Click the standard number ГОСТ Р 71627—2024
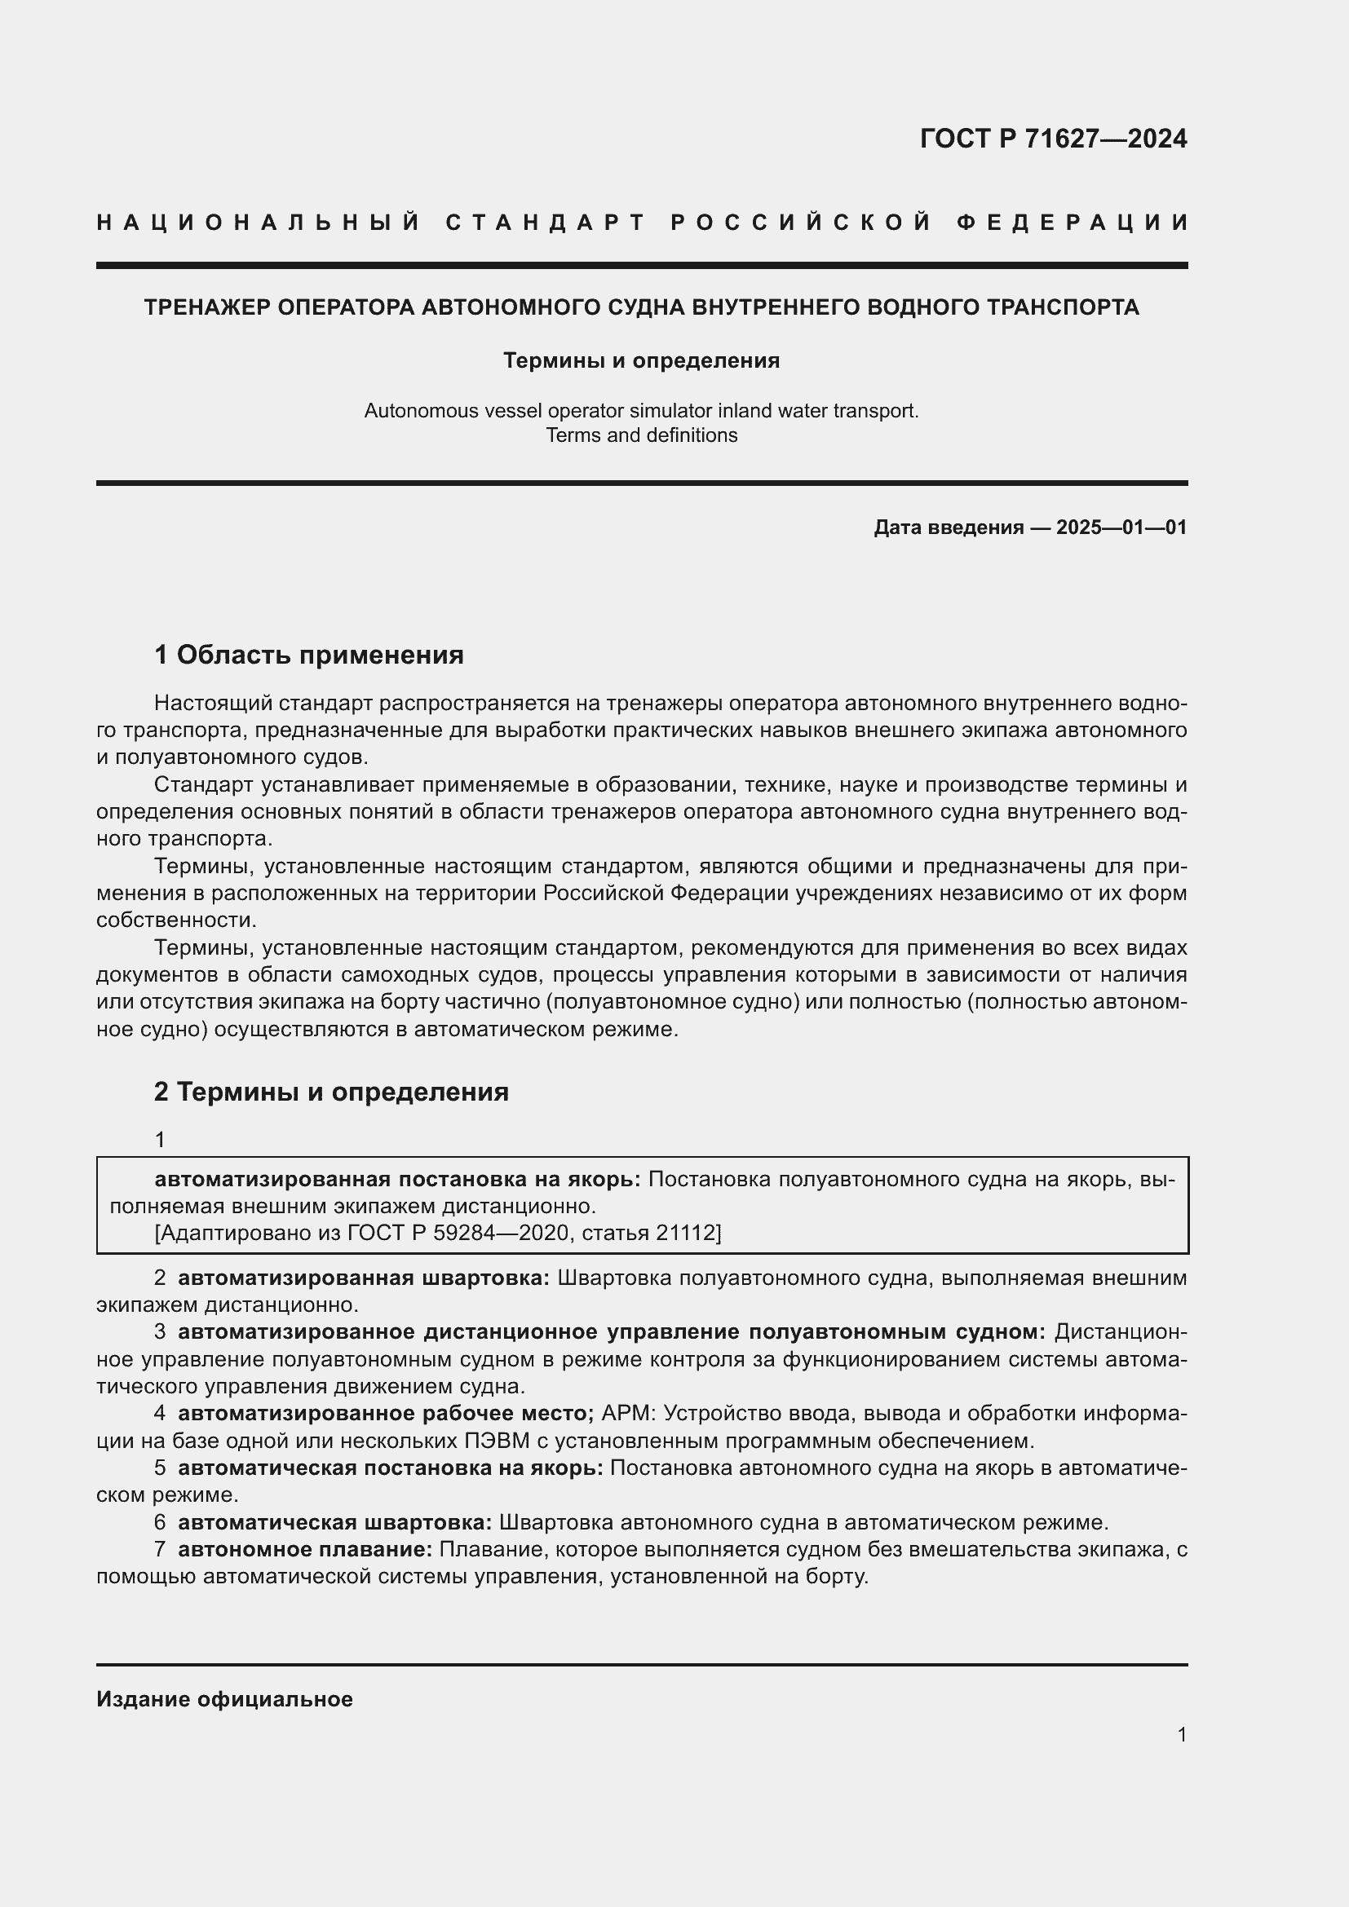tap(1052, 139)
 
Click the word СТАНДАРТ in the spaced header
tap(546, 223)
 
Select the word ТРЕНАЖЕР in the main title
tap(207, 307)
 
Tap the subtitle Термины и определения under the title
tap(641, 360)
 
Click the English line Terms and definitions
tap(641, 435)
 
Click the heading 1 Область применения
tap(308, 656)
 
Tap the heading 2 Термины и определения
tap(330, 1092)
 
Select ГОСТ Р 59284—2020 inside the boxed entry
tap(456, 1233)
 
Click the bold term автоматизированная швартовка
tap(363, 1278)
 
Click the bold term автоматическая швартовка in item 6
tap(334, 1522)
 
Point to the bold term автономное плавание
tap(305, 1549)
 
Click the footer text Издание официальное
tap(224, 1699)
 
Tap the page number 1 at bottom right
tap(1181, 1734)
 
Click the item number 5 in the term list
tap(160, 1468)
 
